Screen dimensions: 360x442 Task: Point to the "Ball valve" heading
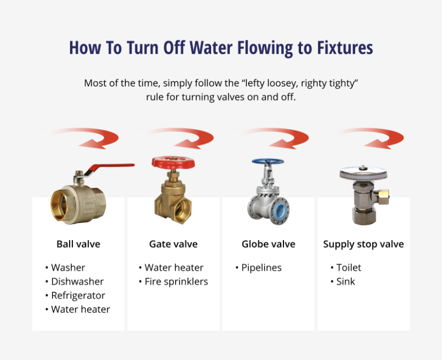coord(78,244)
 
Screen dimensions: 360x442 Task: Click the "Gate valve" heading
coord(173,244)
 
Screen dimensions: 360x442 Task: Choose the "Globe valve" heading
coord(269,244)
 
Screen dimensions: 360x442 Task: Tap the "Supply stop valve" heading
coord(364,244)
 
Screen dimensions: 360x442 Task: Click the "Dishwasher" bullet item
coord(77,282)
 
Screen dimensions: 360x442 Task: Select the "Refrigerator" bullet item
coord(78,295)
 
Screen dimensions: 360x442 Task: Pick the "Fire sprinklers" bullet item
coord(176,282)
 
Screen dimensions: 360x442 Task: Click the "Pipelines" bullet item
coord(261,268)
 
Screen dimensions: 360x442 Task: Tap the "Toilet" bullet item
coord(349,268)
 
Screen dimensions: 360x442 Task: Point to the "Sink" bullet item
coord(346,282)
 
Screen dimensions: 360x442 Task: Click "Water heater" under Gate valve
coord(174,268)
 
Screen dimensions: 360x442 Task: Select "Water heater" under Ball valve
coord(81,309)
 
